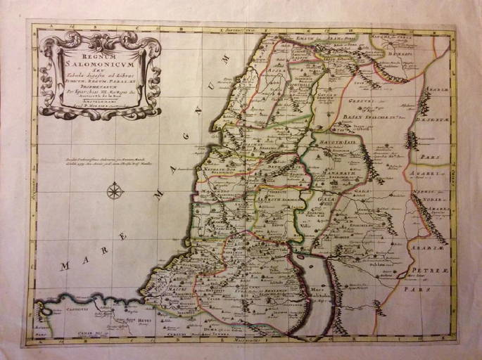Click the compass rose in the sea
(x=114, y=190)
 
